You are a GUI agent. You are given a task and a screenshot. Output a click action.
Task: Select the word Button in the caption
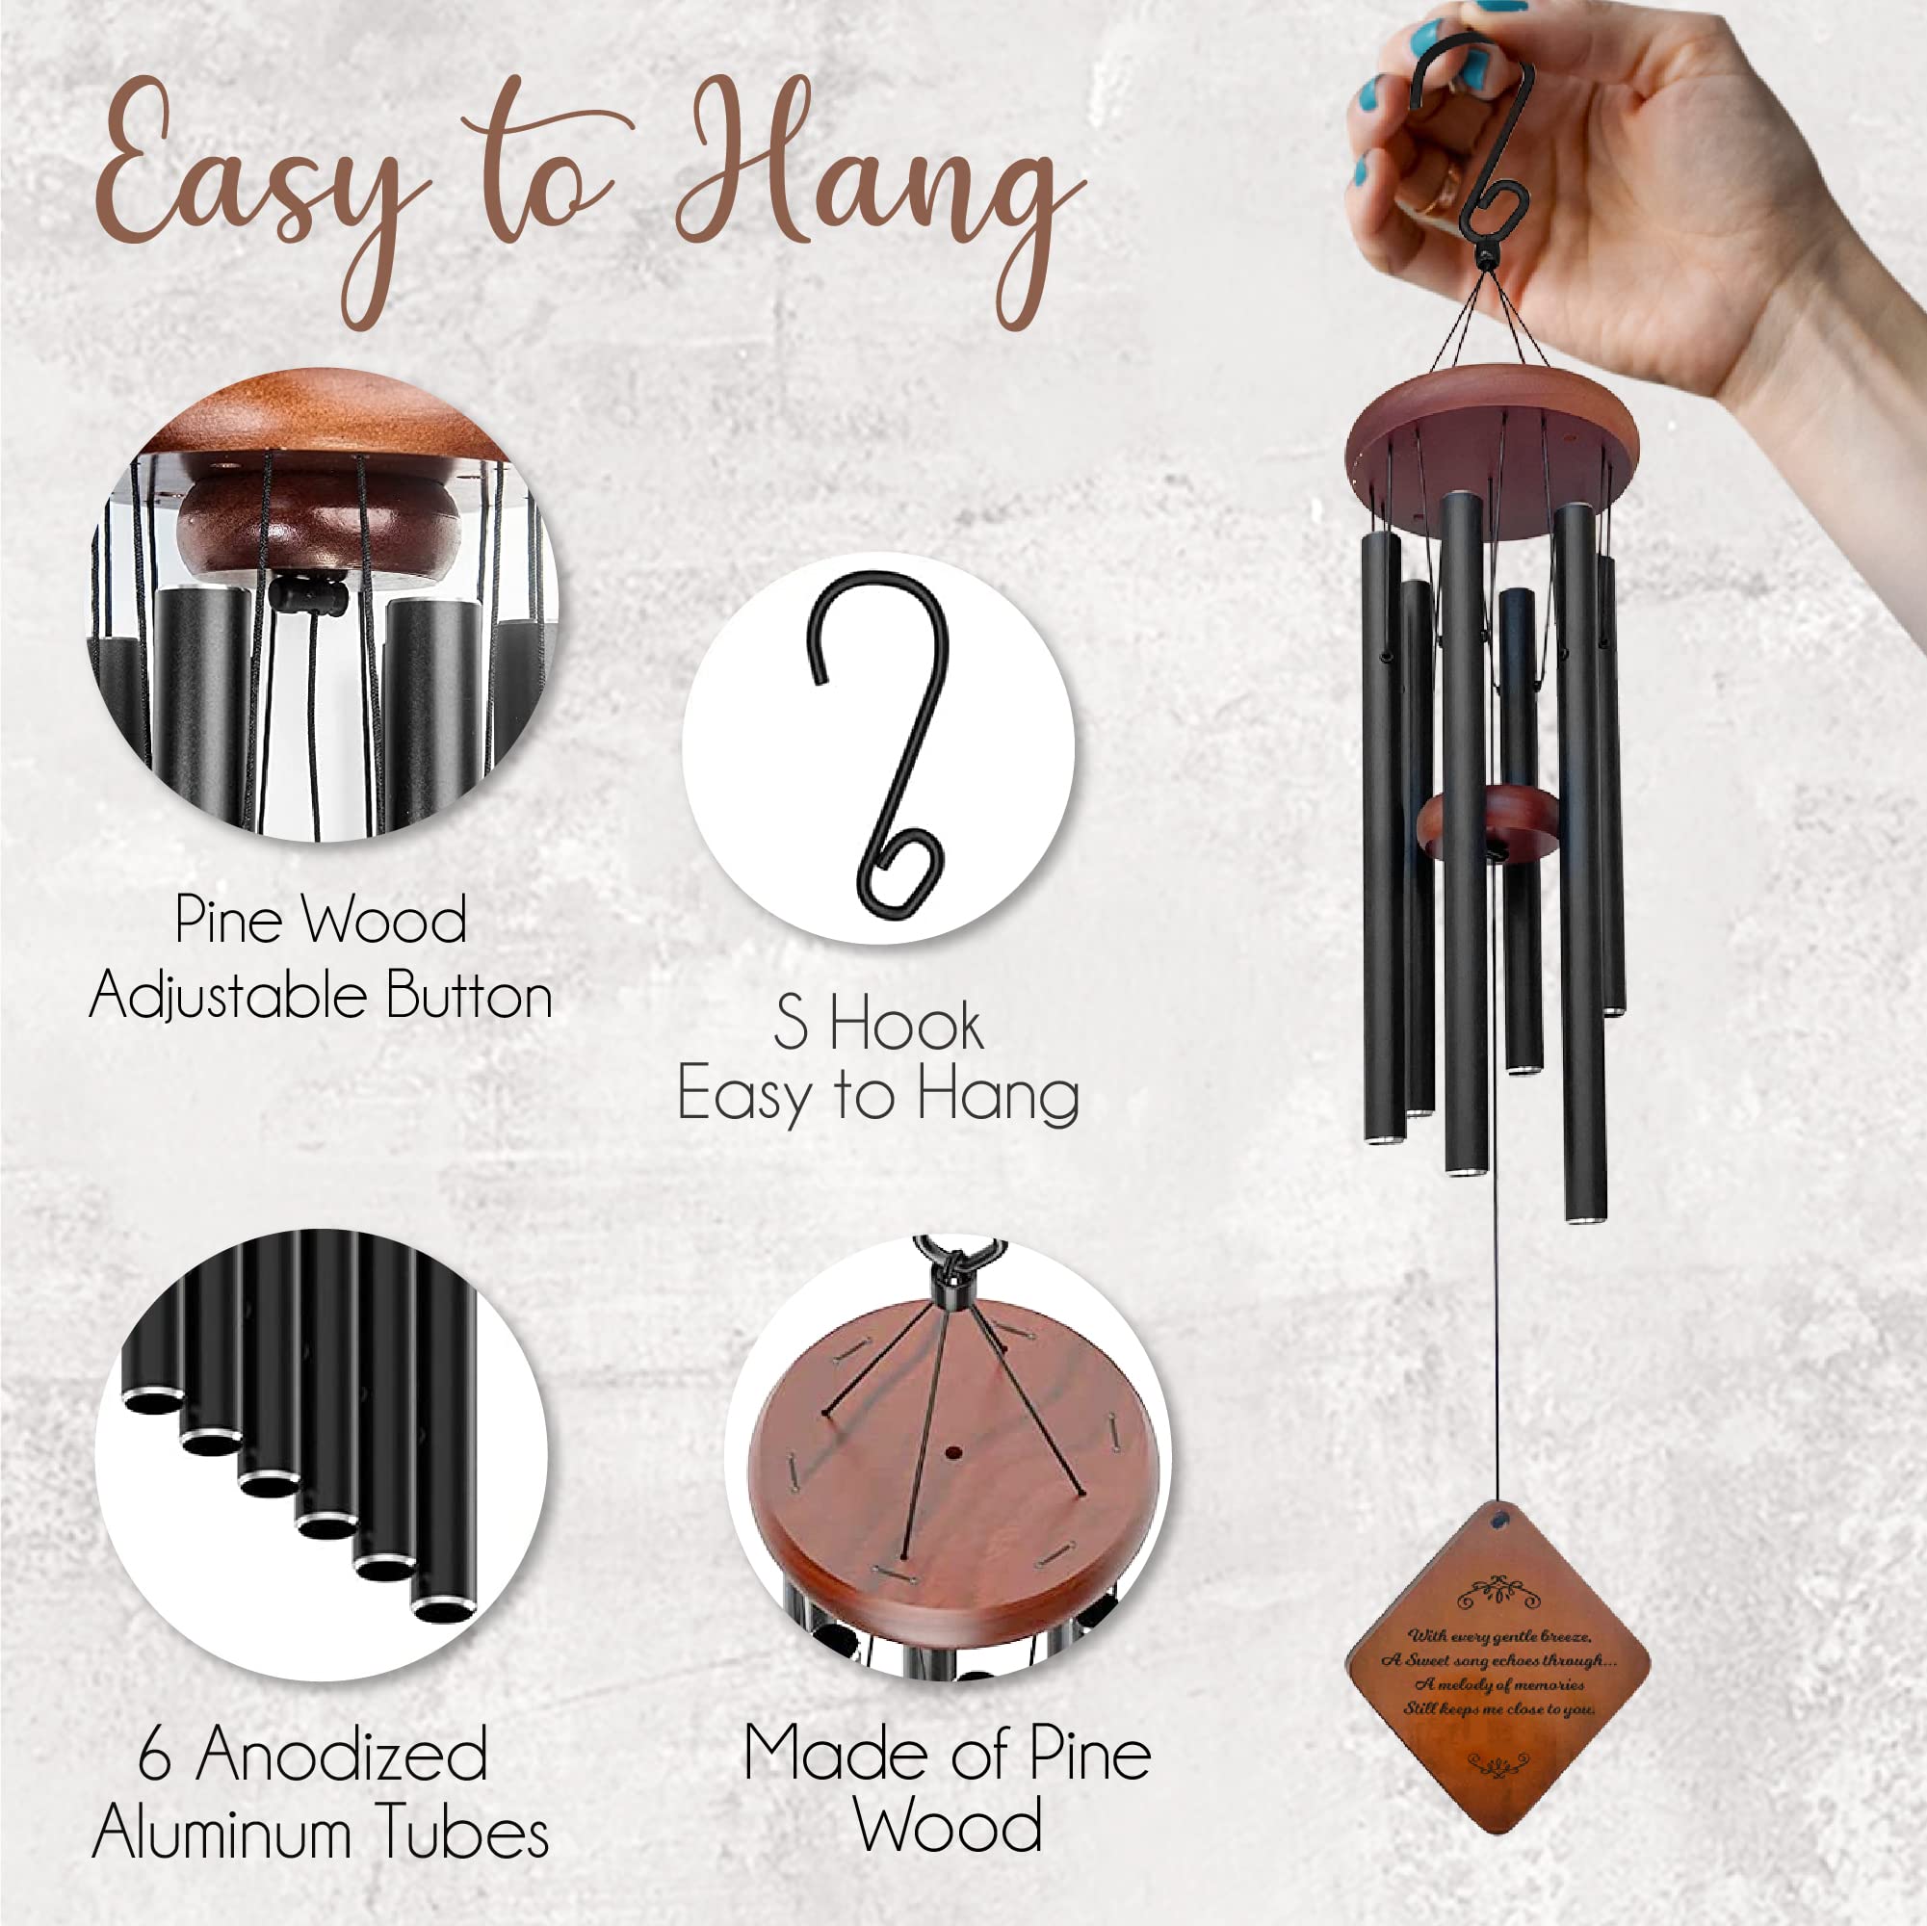click(x=469, y=996)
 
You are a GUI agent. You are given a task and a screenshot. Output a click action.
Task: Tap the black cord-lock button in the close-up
click(x=308, y=596)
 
